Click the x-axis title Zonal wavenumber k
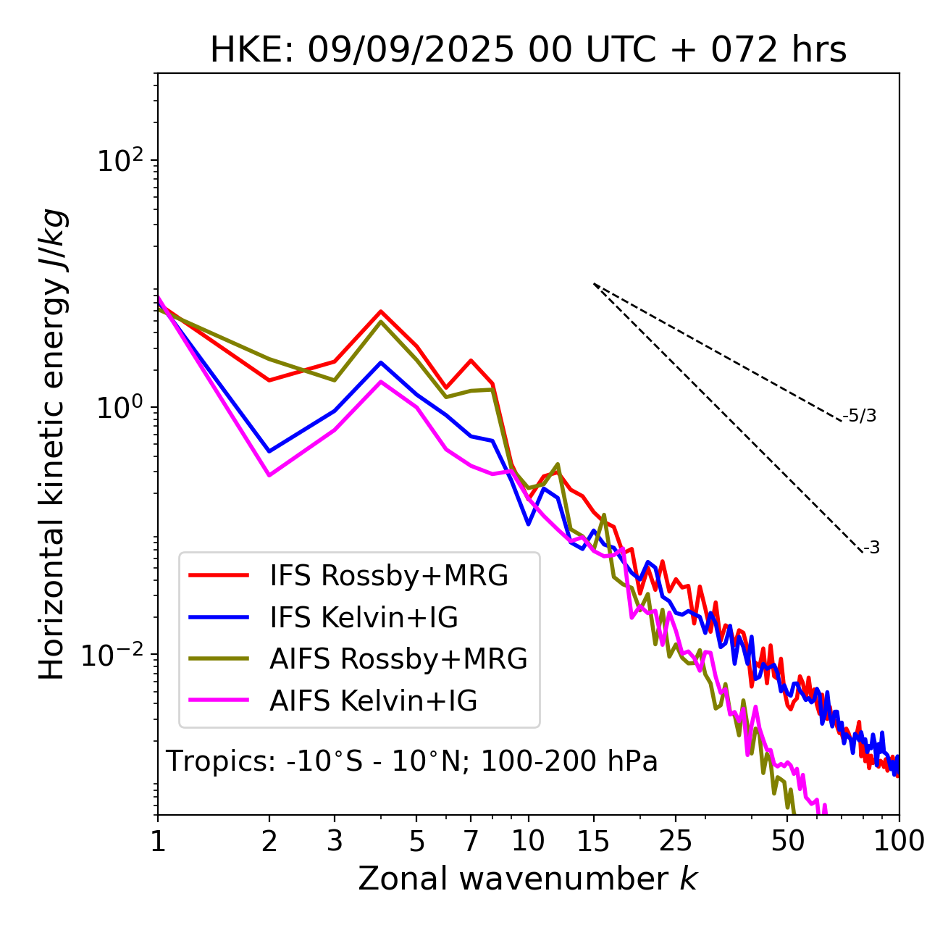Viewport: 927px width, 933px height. (x=527, y=878)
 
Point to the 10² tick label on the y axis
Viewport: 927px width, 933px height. (x=119, y=161)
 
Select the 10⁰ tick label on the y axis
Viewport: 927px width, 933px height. (x=119, y=408)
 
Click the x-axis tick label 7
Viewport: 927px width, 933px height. (x=471, y=841)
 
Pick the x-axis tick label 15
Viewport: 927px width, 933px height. (x=594, y=841)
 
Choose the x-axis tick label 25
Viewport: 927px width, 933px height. (x=676, y=841)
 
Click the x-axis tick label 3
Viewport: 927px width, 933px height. (x=335, y=841)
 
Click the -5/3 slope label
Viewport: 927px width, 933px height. (x=860, y=416)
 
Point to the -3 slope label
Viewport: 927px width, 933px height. (x=871, y=548)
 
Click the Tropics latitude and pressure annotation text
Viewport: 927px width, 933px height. (x=412, y=761)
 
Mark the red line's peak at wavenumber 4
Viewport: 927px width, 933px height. (x=380, y=311)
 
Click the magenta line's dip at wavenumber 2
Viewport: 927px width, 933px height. (x=269, y=475)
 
